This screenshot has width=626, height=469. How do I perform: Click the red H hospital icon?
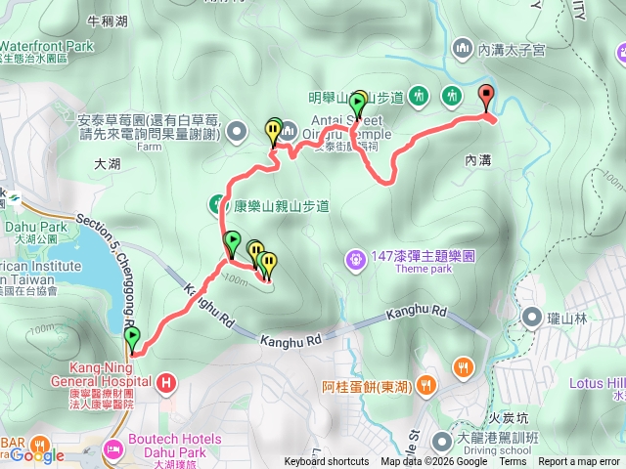(x=167, y=381)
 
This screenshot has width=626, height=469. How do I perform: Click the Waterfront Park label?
(x=47, y=45)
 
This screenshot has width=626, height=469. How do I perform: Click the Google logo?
(x=37, y=455)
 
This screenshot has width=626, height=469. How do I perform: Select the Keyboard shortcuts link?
(x=327, y=462)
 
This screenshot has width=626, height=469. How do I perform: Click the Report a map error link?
(x=580, y=462)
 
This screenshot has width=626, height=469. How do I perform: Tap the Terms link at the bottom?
(x=513, y=462)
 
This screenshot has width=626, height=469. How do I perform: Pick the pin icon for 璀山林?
(x=532, y=317)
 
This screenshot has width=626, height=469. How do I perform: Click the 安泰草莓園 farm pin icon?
(x=236, y=131)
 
